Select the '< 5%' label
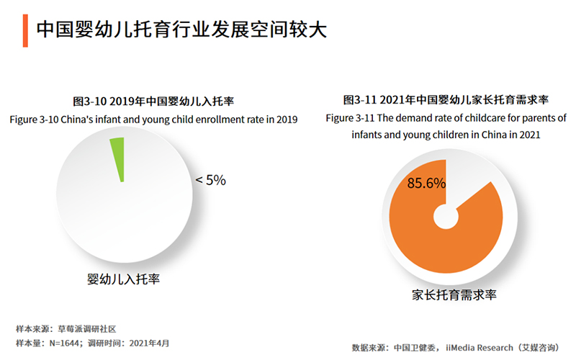pyautogui.click(x=210, y=181)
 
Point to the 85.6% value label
pyautogui.click(x=426, y=184)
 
